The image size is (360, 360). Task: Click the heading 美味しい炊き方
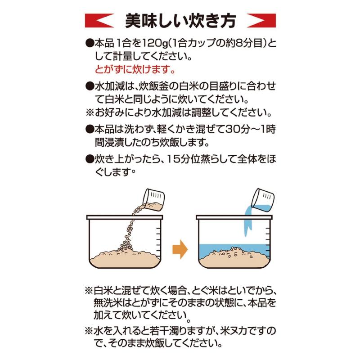click(x=180, y=20)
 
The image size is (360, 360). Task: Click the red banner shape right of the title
click(x=261, y=21)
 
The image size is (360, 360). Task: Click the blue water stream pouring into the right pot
click(x=247, y=223)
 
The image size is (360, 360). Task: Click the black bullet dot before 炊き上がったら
click(x=89, y=159)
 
